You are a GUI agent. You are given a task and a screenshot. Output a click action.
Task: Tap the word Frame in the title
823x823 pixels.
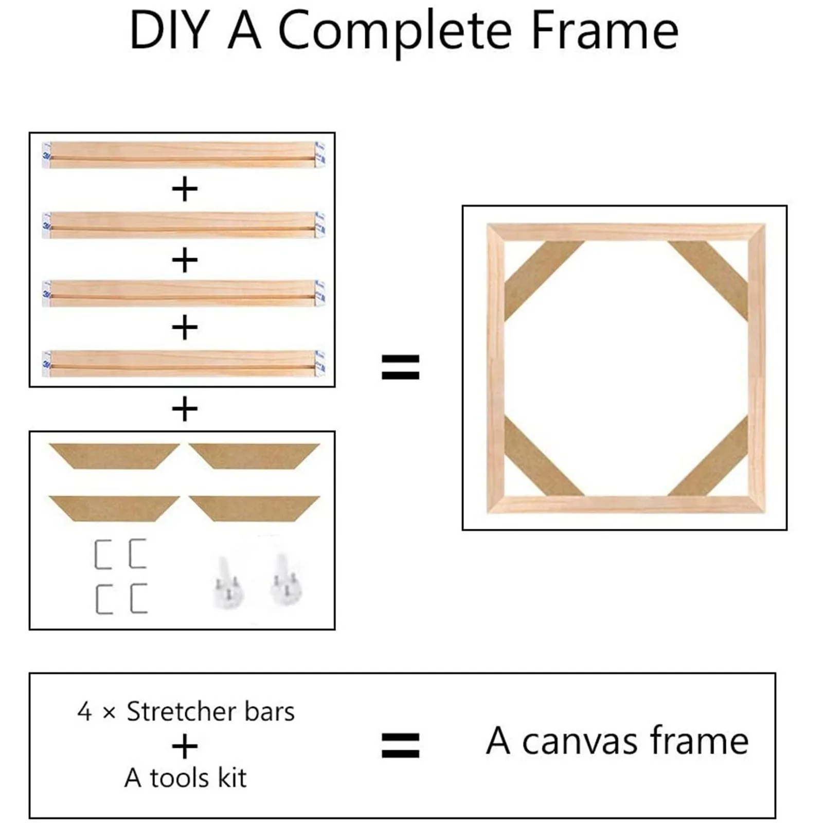coord(604,32)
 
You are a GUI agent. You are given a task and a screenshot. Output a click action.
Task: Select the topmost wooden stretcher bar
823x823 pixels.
coord(183,155)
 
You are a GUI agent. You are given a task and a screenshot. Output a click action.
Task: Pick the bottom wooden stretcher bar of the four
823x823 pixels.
coord(183,364)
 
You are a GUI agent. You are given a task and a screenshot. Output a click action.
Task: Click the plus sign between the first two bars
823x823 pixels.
coord(185,190)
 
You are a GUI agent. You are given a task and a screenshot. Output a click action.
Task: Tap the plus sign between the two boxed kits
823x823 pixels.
coord(185,409)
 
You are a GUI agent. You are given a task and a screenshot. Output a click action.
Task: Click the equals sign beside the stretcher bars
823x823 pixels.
coord(401,367)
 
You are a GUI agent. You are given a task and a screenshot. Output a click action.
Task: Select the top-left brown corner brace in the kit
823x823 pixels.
coord(114,456)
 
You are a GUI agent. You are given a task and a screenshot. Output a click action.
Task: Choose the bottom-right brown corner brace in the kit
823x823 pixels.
coord(254,508)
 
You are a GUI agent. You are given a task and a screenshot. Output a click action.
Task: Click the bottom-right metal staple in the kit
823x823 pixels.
coord(138,598)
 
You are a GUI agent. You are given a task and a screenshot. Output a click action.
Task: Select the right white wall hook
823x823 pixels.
coord(285,579)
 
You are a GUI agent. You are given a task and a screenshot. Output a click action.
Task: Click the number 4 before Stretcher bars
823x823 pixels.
coord(84,712)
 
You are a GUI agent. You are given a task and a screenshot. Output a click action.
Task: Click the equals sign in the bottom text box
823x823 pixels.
coord(401,745)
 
